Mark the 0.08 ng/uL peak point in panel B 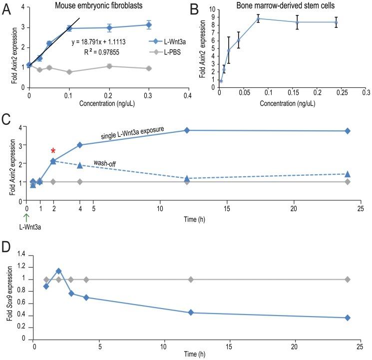pyautogui.click(x=258, y=18)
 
